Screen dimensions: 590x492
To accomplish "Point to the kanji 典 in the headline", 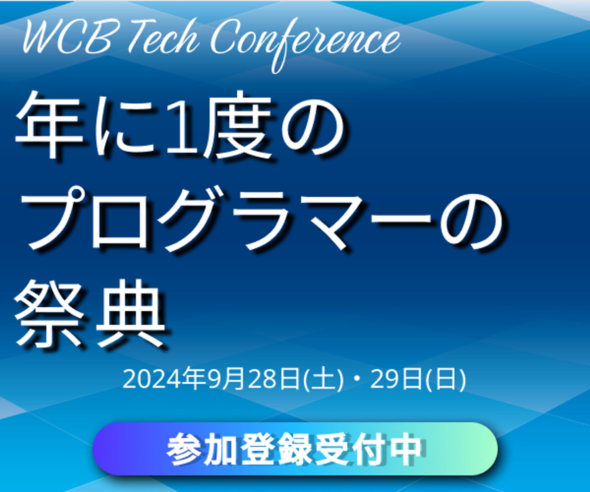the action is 131,314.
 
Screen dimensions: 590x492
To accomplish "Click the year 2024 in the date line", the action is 152,380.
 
